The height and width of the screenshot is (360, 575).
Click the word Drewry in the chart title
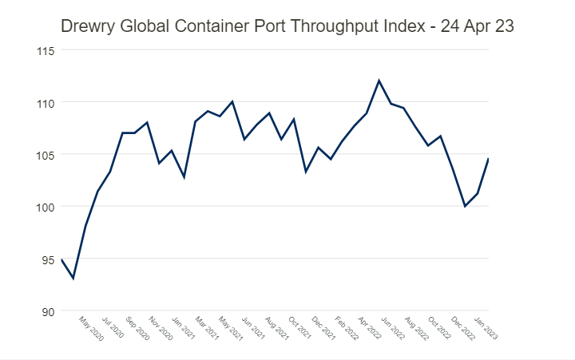click(x=88, y=26)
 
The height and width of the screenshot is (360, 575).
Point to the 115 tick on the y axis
click(x=45, y=50)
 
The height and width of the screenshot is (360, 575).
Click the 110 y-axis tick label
click(x=45, y=102)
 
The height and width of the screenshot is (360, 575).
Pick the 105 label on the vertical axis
click(x=45, y=154)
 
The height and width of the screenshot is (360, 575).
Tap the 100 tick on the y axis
click(x=45, y=206)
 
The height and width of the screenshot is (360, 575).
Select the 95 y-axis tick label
click(x=46, y=258)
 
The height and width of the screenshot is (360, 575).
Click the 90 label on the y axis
click(x=46, y=311)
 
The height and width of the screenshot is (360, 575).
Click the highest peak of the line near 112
click(x=379, y=80)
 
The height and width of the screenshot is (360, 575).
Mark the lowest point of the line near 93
click(x=73, y=278)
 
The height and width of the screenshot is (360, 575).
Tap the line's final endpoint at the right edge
click(x=488, y=158)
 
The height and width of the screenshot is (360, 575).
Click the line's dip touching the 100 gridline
click(x=465, y=206)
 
